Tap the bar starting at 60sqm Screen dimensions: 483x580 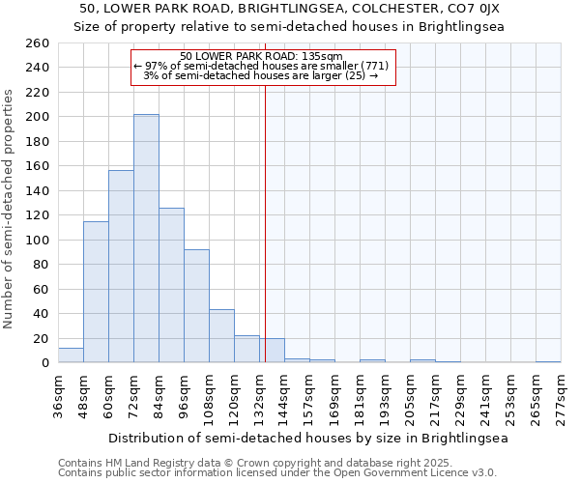(x=121, y=267)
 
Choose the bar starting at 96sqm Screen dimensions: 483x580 (x=196, y=306)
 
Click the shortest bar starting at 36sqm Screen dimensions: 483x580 (x=71, y=355)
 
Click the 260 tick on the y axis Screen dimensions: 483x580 (x=38, y=43)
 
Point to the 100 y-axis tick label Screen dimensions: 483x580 (x=38, y=240)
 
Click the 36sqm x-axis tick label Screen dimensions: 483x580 (x=59, y=392)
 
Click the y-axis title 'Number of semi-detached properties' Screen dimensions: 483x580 (x=11, y=209)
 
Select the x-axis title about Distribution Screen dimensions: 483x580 (x=307, y=438)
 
